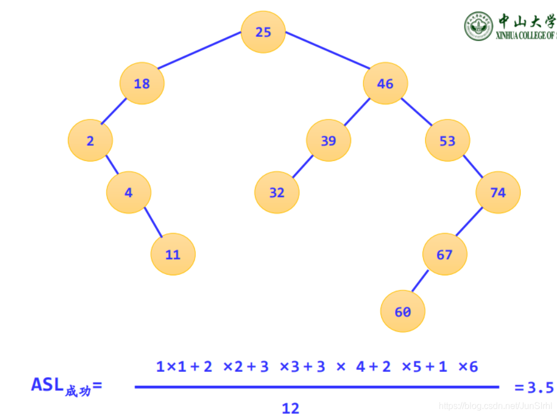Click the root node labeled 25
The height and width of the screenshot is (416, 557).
click(x=263, y=32)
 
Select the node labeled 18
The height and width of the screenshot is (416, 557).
click(x=142, y=84)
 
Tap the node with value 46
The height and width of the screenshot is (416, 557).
click(x=385, y=84)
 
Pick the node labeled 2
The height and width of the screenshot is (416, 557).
click(x=90, y=141)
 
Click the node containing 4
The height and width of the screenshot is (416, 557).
click(x=128, y=193)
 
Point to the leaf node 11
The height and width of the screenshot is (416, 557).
click(x=173, y=255)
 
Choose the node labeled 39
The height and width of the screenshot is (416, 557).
click(x=328, y=141)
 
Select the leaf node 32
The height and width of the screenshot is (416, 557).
click(x=277, y=193)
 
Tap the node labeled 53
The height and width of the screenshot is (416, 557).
click(x=447, y=141)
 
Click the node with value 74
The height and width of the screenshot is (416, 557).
click(x=498, y=193)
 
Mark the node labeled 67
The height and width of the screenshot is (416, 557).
click(x=444, y=255)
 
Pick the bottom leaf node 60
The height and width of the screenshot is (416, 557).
click(x=402, y=312)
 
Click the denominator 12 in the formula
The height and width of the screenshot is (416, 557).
click(x=291, y=408)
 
